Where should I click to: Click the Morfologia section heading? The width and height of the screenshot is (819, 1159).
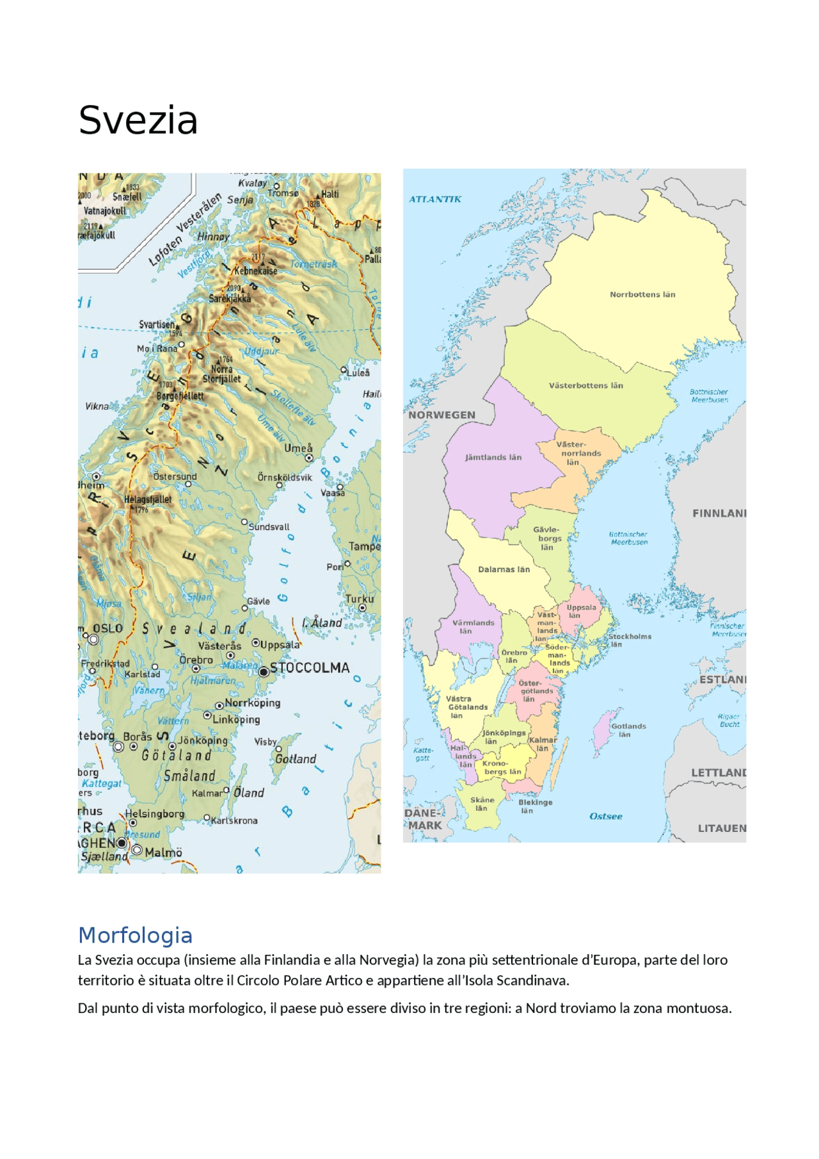pyautogui.click(x=135, y=935)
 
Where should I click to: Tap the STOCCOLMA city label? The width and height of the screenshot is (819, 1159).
pyautogui.click(x=310, y=668)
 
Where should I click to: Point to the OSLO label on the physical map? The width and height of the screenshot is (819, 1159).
pyautogui.click(x=107, y=628)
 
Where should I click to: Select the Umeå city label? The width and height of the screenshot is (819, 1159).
pyautogui.click(x=299, y=448)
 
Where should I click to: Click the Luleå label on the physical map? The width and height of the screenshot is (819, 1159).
pyautogui.click(x=358, y=372)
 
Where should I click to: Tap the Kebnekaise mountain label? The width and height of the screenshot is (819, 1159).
pyautogui.click(x=256, y=271)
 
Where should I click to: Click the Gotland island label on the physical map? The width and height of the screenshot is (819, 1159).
pyautogui.click(x=296, y=759)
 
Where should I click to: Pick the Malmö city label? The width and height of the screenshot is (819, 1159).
pyautogui.click(x=163, y=852)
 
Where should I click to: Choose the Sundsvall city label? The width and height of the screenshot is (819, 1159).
pyautogui.click(x=269, y=527)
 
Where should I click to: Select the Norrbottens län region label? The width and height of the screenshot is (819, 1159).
pyautogui.click(x=642, y=294)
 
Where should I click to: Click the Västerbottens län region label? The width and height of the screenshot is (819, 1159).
pyautogui.click(x=585, y=385)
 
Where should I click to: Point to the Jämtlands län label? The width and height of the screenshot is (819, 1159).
pyautogui.click(x=493, y=457)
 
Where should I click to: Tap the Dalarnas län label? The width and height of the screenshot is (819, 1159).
pyautogui.click(x=504, y=569)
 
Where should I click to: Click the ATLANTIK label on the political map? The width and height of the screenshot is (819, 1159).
pyautogui.click(x=435, y=199)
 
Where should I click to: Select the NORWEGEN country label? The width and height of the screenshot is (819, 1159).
pyautogui.click(x=441, y=415)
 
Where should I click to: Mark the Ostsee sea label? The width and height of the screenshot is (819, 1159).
pyautogui.click(x=605, y=816)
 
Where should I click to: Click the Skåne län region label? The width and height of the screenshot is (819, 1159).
pyautogui.click(x=482, y=804)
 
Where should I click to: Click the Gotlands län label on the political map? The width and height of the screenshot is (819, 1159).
pyautogui.click(x=628, y=730)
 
